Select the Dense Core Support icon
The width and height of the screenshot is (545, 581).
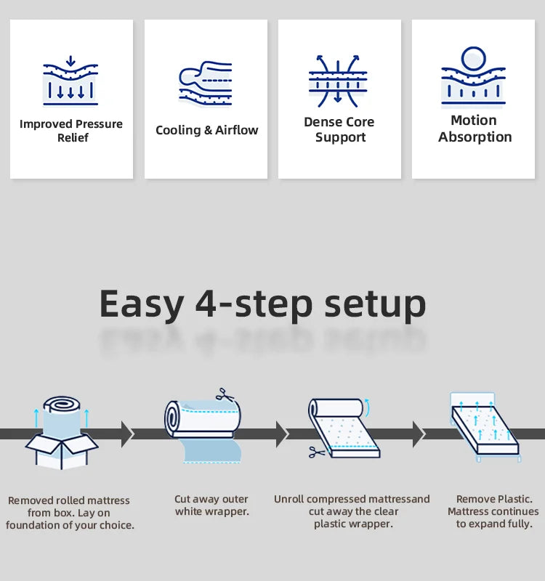(x=339, y=81)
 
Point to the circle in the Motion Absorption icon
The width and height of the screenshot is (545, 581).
(x=473, y=59)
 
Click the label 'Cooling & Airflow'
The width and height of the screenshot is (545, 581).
(x=206, y=130)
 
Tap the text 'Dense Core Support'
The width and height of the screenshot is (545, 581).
(x=339, y=130)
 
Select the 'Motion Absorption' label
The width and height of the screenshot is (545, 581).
(x=475, y=129)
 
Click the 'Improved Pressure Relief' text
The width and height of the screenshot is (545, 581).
(x=71, y=131)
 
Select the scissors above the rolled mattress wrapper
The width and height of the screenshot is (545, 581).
(x=222, y=395)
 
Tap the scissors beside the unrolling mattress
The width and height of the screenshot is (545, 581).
(x=317, y=452)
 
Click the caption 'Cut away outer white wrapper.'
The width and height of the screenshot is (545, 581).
(x=211, y=505)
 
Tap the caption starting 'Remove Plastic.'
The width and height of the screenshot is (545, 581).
(x=493, y=511)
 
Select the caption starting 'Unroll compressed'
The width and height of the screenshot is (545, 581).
(x=352, y=511)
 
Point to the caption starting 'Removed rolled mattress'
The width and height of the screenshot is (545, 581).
(x=70, y=512)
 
